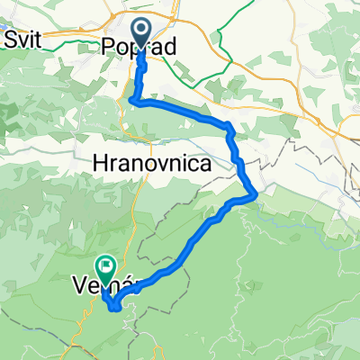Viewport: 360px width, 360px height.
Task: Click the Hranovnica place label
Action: click(152, 165)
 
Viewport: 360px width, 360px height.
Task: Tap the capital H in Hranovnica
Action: click(100, 165)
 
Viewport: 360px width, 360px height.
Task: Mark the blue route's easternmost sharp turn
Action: click(257, 192)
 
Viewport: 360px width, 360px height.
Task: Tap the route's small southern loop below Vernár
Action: click(115, 305)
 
